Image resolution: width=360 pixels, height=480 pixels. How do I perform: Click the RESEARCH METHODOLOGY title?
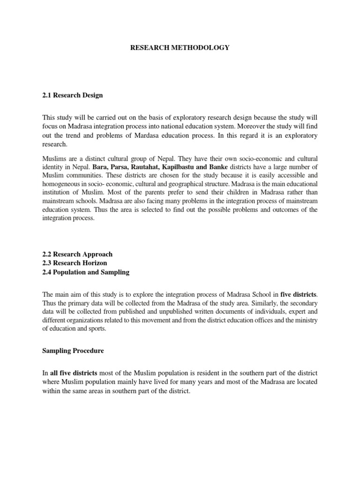point(180,48)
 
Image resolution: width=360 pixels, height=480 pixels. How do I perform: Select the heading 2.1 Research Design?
point(72,95)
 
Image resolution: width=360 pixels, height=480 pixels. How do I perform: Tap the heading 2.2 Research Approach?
point(77,254)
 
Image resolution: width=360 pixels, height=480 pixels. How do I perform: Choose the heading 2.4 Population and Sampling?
point(86,272)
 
